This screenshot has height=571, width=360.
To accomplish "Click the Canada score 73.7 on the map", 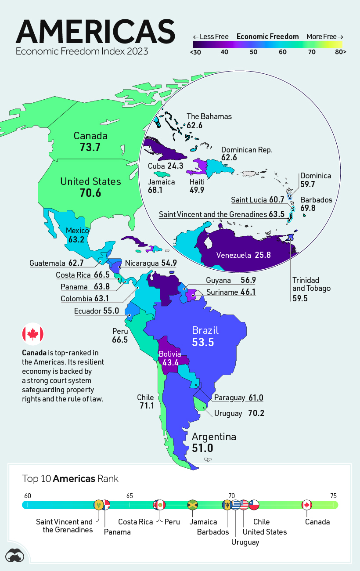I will pyautogui.click(x=90, y=148).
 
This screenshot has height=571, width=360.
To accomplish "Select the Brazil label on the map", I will pyautogui.click(x=205, y=330).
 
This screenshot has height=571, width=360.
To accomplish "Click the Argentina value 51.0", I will pyautogui.click(x=202, y=448).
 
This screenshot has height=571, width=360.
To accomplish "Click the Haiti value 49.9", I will pyautogui.click(x=197, y=190).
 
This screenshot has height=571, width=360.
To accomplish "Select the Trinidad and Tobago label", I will pyautogui.click(x=306, y=284).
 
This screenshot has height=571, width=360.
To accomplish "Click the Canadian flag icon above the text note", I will pyautogui.click(x=33, y=334).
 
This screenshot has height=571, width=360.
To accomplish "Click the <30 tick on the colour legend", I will pyautogui.click(x=196, y=52).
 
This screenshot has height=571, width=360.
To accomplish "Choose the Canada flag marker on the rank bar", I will pyautogui.click(x=307, y=505).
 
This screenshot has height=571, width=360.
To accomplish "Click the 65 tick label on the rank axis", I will pyautogui.click(x=130, y=495).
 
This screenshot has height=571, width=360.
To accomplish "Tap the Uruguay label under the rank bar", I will pyautogui.click(x=245, y=542).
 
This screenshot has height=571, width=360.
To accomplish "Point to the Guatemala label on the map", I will pyautogui.click(x=47, y=264).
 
